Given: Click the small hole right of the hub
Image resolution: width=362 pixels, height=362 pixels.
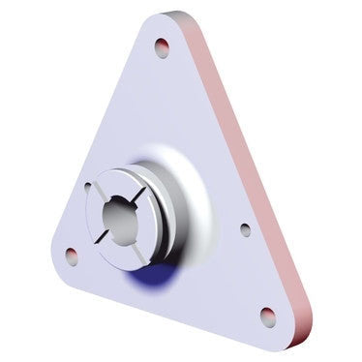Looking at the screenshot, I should point(245,230).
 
